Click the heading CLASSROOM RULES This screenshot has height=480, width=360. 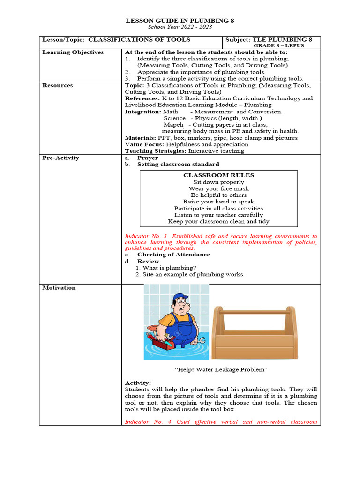218,175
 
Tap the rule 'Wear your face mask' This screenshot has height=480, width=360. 218,188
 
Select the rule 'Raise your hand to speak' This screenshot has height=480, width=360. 218,202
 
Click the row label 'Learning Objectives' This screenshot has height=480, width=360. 73,52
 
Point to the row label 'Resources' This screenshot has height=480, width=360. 58,86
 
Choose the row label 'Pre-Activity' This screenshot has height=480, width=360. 60,158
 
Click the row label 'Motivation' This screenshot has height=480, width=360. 59,288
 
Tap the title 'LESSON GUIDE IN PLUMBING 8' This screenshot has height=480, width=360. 180,21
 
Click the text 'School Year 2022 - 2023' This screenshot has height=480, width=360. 180,27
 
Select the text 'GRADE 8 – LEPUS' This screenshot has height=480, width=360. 278,46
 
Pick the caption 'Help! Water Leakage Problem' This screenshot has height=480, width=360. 221,370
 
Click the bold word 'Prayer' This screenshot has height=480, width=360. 147,158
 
